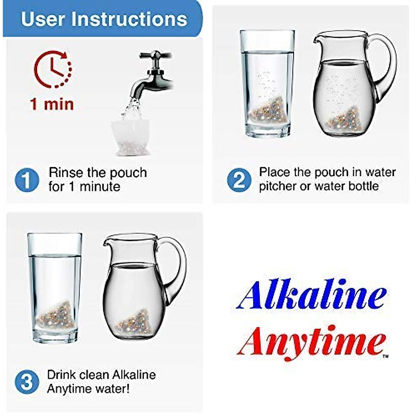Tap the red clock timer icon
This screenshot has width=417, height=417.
[x=53, y=69]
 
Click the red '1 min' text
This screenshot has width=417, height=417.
[x=52, y=104]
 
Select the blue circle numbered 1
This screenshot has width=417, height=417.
[x=26, y=180]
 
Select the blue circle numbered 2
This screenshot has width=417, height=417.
[x=239, y=180]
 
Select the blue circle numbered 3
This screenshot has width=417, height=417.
[x=26, y=382]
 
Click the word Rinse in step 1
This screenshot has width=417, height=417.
[x=66, y=173]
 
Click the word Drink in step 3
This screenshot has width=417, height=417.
[x=61, y=375]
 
